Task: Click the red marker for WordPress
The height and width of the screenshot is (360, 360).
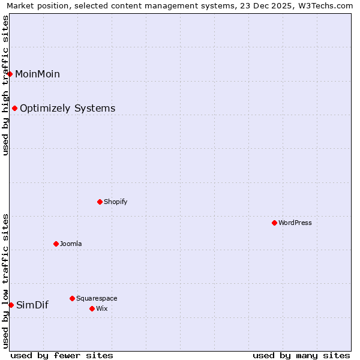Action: click(x=274, y=223)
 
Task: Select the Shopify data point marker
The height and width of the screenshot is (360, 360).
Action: click(x=100, y=202)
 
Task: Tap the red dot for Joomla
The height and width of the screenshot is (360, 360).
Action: click(x=56, y=244)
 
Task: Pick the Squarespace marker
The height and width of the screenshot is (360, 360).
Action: click(x=72, y=298)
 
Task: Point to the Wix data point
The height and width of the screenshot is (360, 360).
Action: click(x=92, y=308)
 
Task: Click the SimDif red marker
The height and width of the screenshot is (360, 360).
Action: click(x=11, y=305)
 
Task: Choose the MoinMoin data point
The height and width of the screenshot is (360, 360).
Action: click(x=10, y=74)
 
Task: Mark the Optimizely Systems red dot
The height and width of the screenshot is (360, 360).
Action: click(x=14, y=108)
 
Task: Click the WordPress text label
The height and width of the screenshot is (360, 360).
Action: click(x=295, y=223)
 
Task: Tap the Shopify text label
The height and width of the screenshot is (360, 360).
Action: click(x=116, y=202)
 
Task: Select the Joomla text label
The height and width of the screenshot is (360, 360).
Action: click(x=71, y=244)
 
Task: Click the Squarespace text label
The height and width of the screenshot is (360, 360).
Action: click(x=97, y=298)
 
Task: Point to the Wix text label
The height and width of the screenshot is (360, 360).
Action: click(x=102, y=308)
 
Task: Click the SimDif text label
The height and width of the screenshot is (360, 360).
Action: click(x=32, y=305)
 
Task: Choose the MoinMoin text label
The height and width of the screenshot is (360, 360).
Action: click(x=37, y=74)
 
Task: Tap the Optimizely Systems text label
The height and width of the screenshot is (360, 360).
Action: click(x=68, y=108)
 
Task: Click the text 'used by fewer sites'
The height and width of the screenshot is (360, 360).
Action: click(x=62, y=355)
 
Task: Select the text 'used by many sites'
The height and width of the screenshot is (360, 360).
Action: click(x=301, y=355)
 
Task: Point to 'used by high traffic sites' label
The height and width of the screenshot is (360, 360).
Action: click(x=5, y=85)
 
